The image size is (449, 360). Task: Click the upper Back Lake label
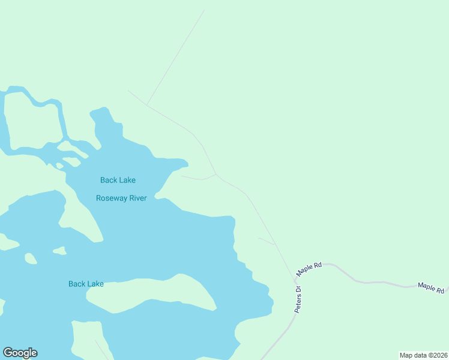coord(118,180)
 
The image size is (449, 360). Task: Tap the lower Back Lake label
coord(86,284)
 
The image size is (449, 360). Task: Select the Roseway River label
coord(121,198)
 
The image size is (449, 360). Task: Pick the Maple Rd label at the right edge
coord(432,287)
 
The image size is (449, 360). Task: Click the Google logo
coord(20,353)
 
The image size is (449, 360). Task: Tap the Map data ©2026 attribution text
coord(423,355)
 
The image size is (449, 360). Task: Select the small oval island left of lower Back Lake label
coord(30,259)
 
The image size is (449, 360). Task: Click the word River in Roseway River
coord(136,198)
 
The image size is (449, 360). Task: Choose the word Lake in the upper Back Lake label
coord(127,180)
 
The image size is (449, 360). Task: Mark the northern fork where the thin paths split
coord(146,105)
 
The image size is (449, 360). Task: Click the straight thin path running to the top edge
coord(177,54)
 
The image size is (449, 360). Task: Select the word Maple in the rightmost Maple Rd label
coord(426,286)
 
